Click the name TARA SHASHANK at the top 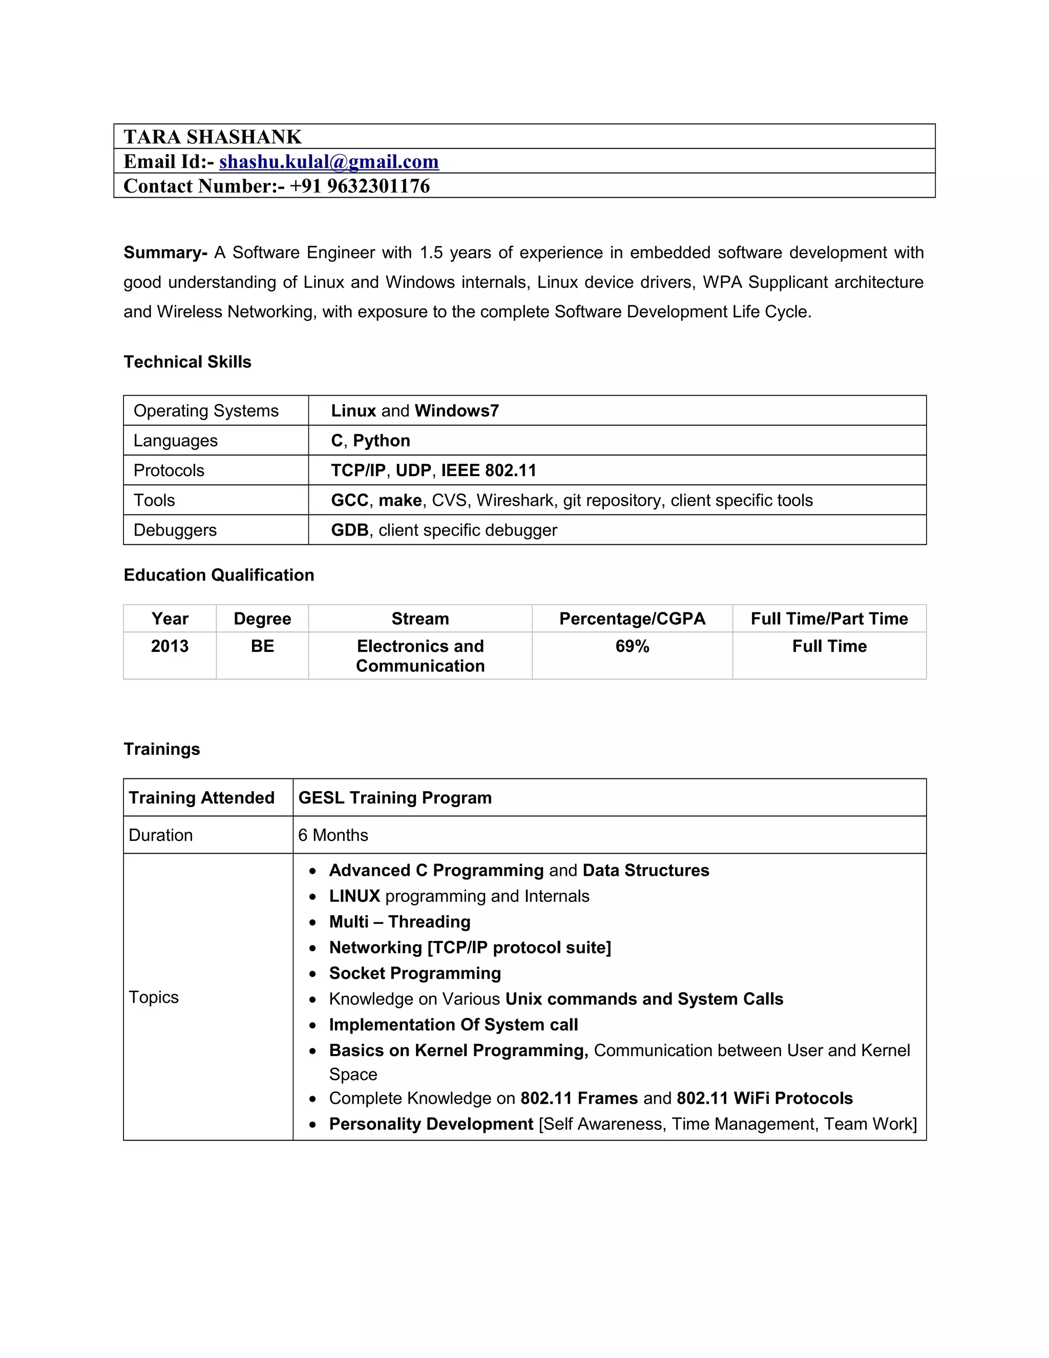tap(213, 137)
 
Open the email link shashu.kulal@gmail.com tap(329, 161)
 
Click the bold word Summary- tap(165, 253)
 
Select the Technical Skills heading tap(187, 362)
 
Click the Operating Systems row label tap(206, 411)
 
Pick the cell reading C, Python tap(370, 441)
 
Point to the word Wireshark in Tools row tap(515, 501)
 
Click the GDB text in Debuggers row tap(349, 530)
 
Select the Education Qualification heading tap(219, 575)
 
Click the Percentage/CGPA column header tap(632, 619)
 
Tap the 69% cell tap(632, 647)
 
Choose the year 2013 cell tap(170, 647)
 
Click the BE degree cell tap(262, 647)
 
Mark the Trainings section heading tap(161, 749)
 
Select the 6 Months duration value tap(333, 835)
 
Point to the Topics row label tap(154, 997)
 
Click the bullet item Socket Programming tap(414, 973)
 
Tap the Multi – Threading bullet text tap(400, 921)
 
